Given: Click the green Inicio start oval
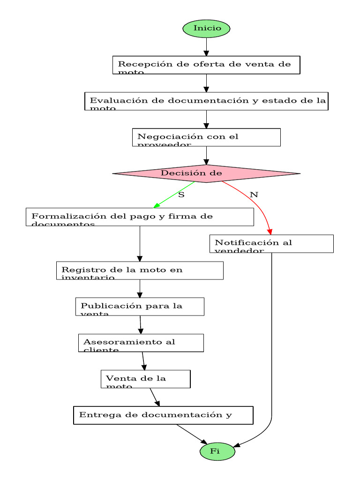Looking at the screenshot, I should tap(206, 29).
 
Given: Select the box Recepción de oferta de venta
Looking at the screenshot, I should tap(206, 65).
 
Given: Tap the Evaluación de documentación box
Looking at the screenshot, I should tap(206, 101).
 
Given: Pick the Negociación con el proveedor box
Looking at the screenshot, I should tap(206, 137).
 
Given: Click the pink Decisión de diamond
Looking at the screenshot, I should tap(206, 173).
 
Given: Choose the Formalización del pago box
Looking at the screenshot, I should tap(140, 217).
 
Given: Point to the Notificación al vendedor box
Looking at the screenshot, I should tap(271, 244).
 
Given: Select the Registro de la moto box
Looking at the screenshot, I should tap(140, 270).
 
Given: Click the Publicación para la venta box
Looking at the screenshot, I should tap(140, 307).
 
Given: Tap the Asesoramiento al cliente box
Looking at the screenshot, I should tap(141, 343).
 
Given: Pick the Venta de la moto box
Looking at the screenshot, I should tap(145, 379).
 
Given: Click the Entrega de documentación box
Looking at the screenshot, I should tap(163, 415).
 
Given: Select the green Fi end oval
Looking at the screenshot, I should tap(217, 451).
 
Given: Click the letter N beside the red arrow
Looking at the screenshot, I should tap(254, 194).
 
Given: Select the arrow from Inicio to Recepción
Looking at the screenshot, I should tap(206, 47).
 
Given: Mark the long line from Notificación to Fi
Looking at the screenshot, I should tap(271, 337).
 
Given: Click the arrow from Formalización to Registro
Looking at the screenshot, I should tap(140, 244).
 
